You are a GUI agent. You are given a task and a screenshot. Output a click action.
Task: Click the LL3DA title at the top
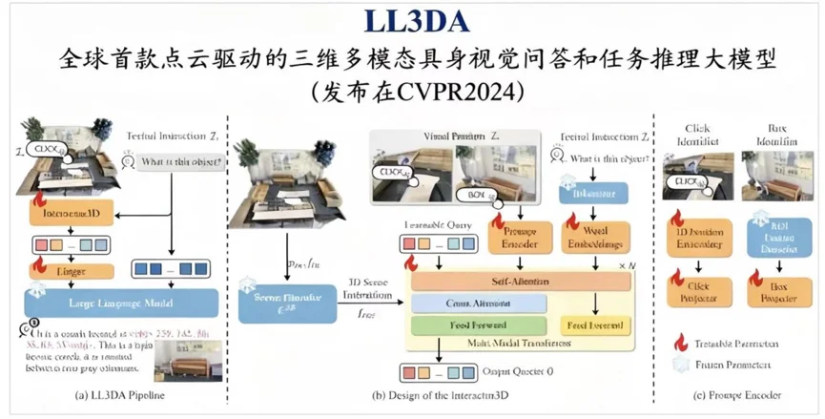tap(411, 21)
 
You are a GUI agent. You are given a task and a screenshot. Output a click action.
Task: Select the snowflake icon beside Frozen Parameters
tap(682, 364)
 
